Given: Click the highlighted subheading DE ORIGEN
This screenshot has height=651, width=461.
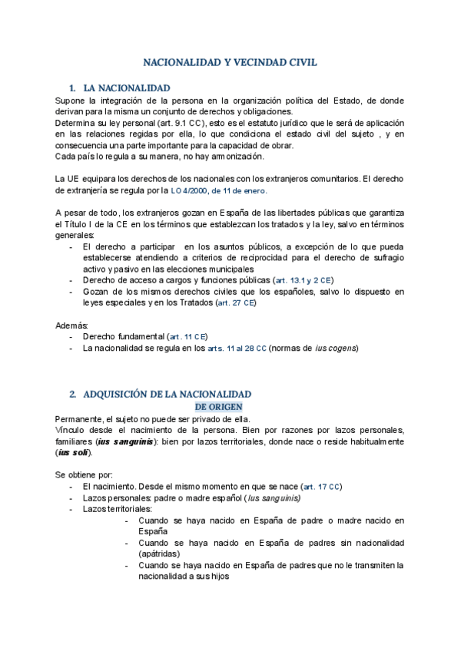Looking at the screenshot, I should (x=219, y=406).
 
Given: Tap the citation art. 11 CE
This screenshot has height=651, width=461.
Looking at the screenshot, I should (x=188, y=337).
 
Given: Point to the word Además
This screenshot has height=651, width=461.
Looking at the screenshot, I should (x=72, y=325).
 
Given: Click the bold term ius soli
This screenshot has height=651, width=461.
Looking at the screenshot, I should (x=68, y=453).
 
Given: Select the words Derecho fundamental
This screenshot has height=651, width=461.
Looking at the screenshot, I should (x=124, y=337).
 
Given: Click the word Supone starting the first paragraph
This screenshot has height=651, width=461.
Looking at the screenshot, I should (x=71, y=101).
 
